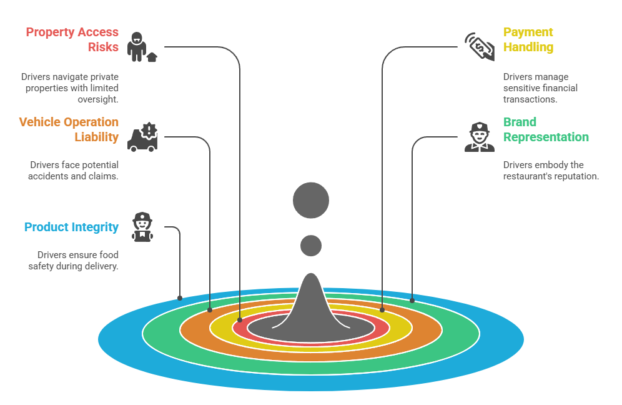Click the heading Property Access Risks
(x=72, y=39)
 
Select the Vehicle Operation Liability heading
(x=69, y=129)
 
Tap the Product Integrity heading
(x=71, y=227)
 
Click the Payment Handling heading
(x=528, y=39)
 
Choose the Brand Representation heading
(x=546, y=129)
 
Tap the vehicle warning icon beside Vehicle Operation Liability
(x=142, y=137)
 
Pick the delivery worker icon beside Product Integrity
(x=142, y=227)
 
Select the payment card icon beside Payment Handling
(x=480, y=47)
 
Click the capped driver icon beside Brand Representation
(x=480, y=137)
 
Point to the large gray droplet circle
(x=311, y=201)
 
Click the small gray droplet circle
(x=311, y=246)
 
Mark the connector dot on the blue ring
(x=180, y=298)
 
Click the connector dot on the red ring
(x=240, y=319)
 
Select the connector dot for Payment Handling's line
(x=382, y=309)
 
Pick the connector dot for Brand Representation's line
(x=412, y=301)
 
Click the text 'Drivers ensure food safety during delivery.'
(x=77, y=261)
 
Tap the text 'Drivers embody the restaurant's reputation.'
(x=551, y=171)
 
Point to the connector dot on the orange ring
(x=210, y=309)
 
